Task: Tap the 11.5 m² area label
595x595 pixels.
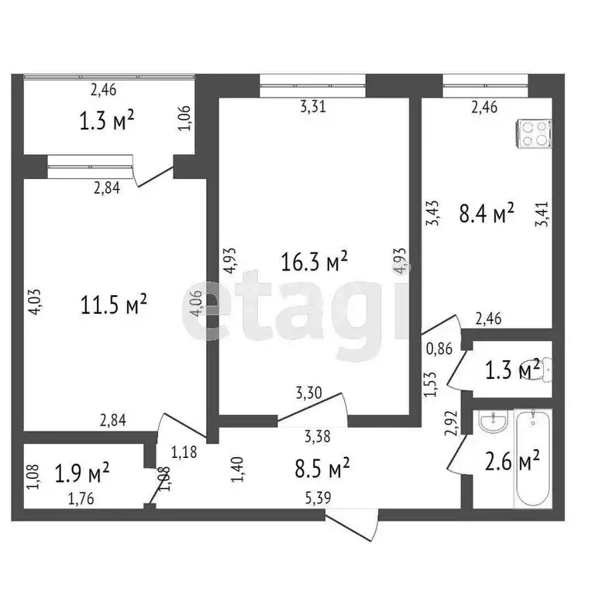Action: point(114,304)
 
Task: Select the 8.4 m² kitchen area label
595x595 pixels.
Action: point(487,213)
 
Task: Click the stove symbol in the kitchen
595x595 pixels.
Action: point(535,133)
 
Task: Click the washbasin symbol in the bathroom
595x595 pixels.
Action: point(490,423)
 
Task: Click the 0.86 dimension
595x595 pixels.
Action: point(439,349)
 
